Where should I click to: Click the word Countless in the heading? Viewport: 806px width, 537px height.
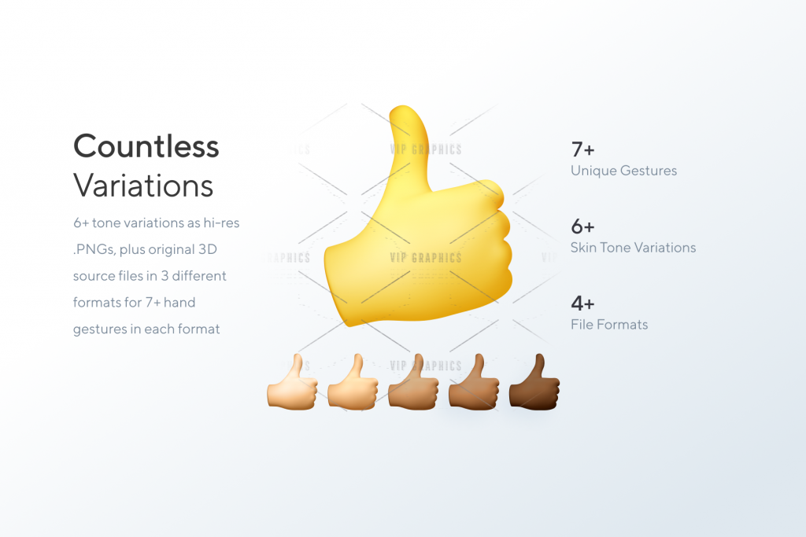(x=146, y=146)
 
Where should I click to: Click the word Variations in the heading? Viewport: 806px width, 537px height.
(x=143, y=186)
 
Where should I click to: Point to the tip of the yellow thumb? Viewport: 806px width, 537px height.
(x=404, y=108)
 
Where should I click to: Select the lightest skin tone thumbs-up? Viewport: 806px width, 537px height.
(x=292, y=382)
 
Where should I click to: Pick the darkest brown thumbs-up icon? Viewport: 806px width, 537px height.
(x=534, y=382)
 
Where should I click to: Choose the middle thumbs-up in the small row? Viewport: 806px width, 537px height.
(x=413, y=382)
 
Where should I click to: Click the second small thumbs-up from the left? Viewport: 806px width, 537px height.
(x=353, y=382)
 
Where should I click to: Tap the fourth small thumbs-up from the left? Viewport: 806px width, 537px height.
(x=473, y=382)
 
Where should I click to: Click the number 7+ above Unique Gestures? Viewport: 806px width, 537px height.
(x=583, y=150)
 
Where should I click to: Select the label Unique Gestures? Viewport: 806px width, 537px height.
(x=623, y=171)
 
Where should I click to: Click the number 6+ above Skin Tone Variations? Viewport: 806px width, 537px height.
(x=583, y=226)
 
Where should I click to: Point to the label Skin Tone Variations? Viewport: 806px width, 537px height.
(x=634, y=248)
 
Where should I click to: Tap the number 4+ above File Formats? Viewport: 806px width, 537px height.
(x=583, y=303)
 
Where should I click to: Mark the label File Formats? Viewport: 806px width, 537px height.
(x=609, y=325)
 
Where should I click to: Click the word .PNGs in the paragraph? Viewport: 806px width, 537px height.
(x=94, y=249)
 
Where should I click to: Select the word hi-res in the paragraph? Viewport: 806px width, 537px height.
(x=221, y=223)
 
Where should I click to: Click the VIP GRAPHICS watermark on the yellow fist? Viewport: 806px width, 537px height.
(x=426, y=257)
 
